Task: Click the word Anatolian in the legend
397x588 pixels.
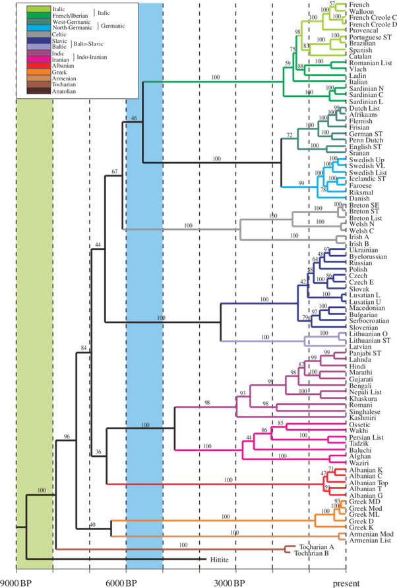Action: click(x=64, y=91)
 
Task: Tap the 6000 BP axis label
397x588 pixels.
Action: click(x=121, y=583)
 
